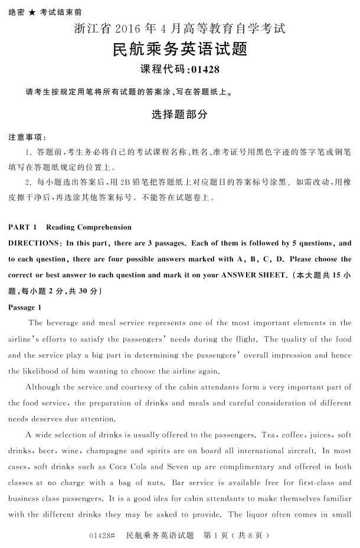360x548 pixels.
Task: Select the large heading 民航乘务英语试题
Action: click(179, 49)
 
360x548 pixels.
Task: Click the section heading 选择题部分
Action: click(179, 114)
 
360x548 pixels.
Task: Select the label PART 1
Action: click(23, 227)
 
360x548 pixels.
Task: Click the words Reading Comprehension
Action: click(89, 227)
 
